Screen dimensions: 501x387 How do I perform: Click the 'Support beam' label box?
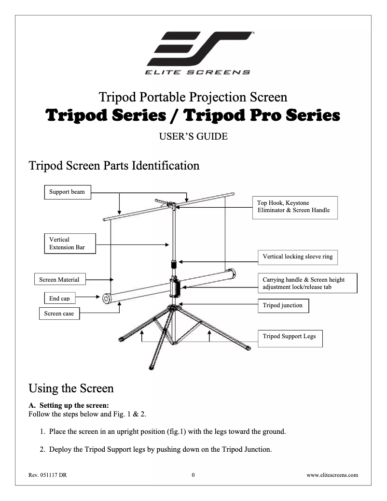click(x=67, y=192)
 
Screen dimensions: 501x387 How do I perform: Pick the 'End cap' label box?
click(x=59, y=298)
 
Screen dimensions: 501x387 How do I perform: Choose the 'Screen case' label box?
click(x=59, y=314)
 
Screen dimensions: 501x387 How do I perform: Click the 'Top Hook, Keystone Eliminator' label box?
click(x=295, y=208)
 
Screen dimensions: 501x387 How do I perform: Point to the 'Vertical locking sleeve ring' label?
click(x=298, y=257)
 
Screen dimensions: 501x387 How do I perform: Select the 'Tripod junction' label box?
click(x=283, y=306)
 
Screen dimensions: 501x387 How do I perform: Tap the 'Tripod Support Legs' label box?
click(x=290, y=336)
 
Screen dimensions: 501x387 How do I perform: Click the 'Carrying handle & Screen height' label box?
click(x=307, y=283)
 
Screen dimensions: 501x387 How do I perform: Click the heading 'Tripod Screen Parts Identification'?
click(x=114, y=166)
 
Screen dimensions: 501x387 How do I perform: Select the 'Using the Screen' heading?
click(x=71, y=388)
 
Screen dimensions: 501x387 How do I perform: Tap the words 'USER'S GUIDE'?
click(x=193, y=137)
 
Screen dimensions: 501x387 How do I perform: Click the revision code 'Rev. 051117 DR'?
click(x=48, y=475)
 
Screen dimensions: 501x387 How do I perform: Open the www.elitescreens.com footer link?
click(x=332, y=475)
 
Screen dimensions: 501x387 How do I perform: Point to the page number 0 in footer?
click(x=193, y=475)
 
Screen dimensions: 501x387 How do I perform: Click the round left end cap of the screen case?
click(x=105, y=299)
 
